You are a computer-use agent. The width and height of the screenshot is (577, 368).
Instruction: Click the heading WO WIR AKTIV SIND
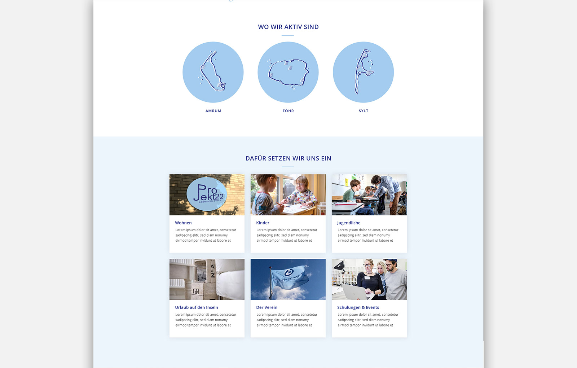coord(288,27)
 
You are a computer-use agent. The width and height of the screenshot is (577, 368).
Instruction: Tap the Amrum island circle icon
coord(213,72)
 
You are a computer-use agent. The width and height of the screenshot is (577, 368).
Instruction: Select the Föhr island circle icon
coord(288,72)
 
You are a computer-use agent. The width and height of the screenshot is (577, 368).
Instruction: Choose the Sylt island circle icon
coord(363,72)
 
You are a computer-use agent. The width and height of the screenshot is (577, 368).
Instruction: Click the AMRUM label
coord(213,111)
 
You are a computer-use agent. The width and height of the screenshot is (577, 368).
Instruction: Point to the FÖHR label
coord(288,111)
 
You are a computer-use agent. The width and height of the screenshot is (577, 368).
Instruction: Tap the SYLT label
coord(364,111)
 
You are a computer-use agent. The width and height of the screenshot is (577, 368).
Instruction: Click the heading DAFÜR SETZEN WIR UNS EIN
coord(288,158)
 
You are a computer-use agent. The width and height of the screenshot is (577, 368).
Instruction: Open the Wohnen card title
coord(183,223)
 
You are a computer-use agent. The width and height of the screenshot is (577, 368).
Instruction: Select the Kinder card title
coord(263,223)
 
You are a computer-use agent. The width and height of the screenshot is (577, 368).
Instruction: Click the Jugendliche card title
coord(349,223)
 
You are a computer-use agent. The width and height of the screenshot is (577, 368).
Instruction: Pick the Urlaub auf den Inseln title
coord(197,307)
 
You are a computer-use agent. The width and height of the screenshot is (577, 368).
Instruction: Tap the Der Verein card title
coord(267,307)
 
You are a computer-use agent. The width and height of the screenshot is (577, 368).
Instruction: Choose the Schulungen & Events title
coord(358,307)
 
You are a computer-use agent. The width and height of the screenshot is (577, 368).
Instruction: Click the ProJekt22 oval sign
coord(207,194)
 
